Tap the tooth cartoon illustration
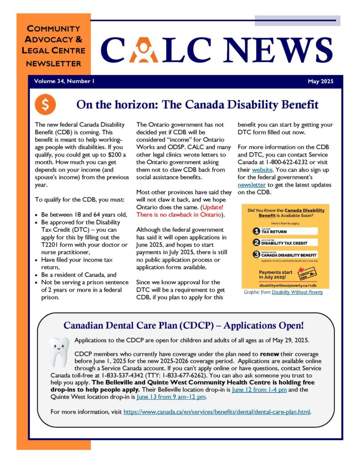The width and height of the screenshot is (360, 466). point(59,351)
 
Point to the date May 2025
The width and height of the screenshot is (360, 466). point(320,82)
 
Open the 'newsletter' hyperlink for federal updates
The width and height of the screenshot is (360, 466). point(252,185)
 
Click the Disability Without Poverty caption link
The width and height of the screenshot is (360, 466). point(297,292)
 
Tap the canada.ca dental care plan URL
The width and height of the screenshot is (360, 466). point(217,412)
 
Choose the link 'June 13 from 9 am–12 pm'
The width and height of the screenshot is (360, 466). point(171,397)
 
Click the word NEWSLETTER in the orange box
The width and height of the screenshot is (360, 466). point(54,63)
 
